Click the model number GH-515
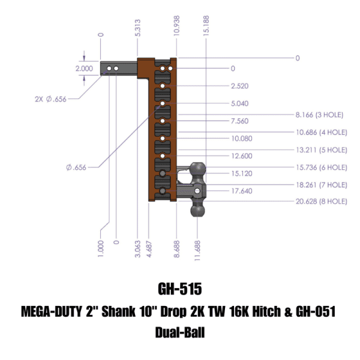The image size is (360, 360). click(x=179, y=289)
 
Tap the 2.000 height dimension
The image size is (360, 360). click(x=84, y=68)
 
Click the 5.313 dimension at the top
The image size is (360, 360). click(x=139, y=28)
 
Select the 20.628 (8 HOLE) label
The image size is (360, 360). click(x=321, y=202)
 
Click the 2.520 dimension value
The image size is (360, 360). click(x=239, y=86)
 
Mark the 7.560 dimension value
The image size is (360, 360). click(x=239, y=121)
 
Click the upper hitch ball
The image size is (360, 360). click(x=199, y=170)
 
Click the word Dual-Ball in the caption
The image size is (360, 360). click(x=179, y=332)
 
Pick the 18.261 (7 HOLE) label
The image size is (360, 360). click(x=321, y=184)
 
